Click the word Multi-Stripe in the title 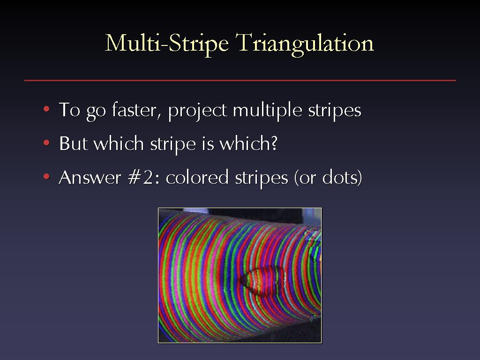tap(167, 44)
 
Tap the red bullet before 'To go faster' tap(46, 109)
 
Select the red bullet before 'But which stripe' tap(46, 142)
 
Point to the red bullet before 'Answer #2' tap(46, 176)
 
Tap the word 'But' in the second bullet tap(73, 143)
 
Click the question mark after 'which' tap(274, 142)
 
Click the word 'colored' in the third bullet tap(197, 177)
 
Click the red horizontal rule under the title tap(240, 81)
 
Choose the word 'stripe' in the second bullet tap(173, 144)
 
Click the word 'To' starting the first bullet tap(69, 110)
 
